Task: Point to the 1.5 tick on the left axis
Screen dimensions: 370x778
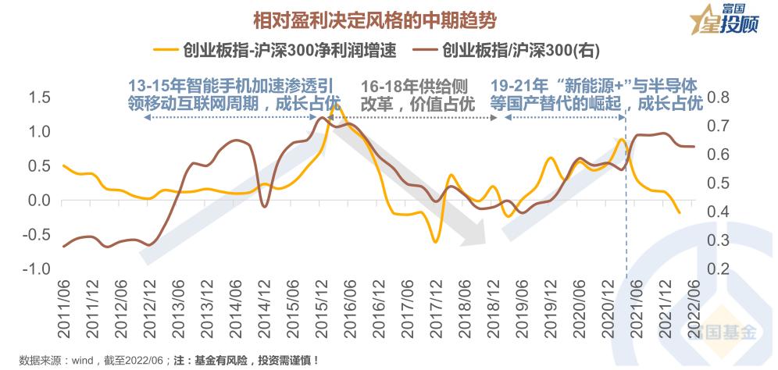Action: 38,98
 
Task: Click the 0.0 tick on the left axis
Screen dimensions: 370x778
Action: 38,201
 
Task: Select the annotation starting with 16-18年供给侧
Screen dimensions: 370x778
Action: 418,94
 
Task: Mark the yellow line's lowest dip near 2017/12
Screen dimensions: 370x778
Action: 435,242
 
